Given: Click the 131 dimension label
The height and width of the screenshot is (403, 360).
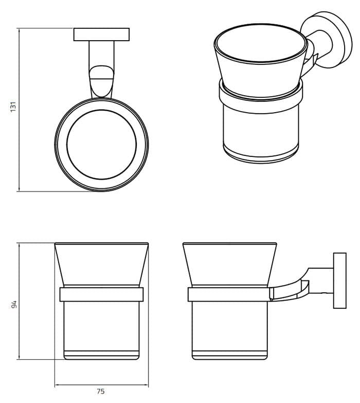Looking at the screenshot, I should pyautogui.click(x=14, y=107).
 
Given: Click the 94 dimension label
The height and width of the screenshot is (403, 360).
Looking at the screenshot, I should pyautogui.click(x=14, y=305).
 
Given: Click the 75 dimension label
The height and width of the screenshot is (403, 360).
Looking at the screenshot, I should pyautogui.click(x=101, y=392).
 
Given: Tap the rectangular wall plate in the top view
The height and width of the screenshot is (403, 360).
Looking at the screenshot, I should pyautogui.click(x=101, y=34).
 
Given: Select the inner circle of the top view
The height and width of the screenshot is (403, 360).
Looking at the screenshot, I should pyautogui.click(x=101, y=145).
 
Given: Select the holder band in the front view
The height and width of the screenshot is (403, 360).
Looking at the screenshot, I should pyautogui.click(x=101, y=294).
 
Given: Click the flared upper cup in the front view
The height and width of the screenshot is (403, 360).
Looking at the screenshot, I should pyautogui.click(x=101, y=264).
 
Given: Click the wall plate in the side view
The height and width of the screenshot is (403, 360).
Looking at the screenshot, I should pyautogui.click(x=339, y=281).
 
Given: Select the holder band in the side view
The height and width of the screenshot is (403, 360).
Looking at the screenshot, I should pyautogui.click(x=229, y=294).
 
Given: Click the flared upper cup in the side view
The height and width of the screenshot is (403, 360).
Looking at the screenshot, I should pyautogui.click(x=229, y=264).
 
